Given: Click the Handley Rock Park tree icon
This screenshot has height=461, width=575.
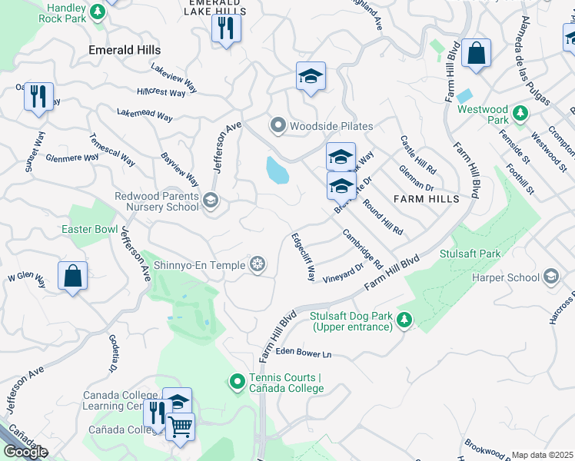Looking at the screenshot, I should pyautogui.click(x=98, y=11).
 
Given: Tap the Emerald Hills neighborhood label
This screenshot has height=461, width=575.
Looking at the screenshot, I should pyautogui.click(x=125, y=49).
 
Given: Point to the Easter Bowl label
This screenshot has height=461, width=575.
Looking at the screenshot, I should pyautogui.click(x=90, y=230).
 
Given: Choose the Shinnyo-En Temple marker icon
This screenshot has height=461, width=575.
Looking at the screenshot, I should pyautogui.click(x=258, y=265).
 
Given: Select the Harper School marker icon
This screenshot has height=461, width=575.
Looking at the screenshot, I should pyautogui.click(x=550, y=276).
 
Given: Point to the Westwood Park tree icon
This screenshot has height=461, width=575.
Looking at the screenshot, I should pyautogui.click(x=520, y=114).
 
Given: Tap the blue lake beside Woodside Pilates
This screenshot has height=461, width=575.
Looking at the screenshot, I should pyautogui.click(x=277, y=171).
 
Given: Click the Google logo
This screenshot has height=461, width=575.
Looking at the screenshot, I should pyautogui.click(x=25, y=452).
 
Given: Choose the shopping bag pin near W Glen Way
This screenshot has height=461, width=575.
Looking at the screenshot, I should pyautogui.click(x=72, y=276).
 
